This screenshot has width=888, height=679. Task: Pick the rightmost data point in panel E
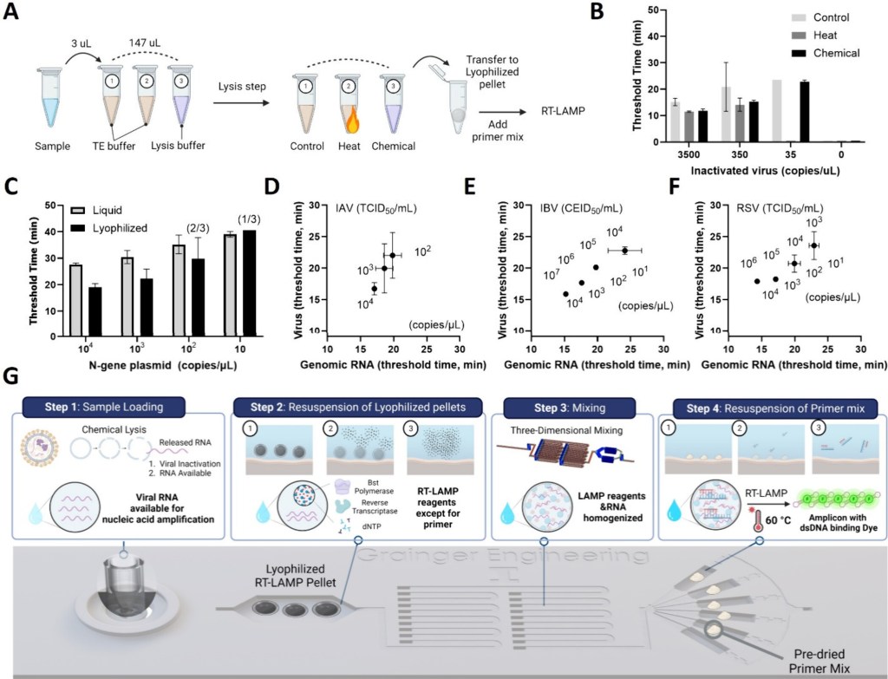pyautogui.click(x=624, y=250)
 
